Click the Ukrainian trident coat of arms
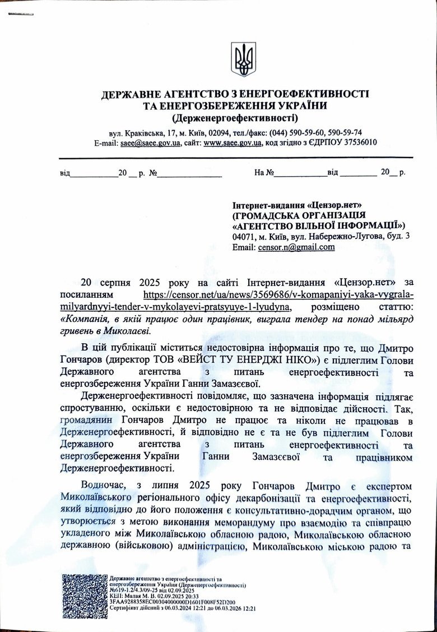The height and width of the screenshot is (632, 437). [x=243, y=59]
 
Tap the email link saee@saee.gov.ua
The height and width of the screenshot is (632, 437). [x=150, y=143]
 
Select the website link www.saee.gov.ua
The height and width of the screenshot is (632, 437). [x=233, y=143]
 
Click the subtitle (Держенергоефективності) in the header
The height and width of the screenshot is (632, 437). [x=235, y=118]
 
